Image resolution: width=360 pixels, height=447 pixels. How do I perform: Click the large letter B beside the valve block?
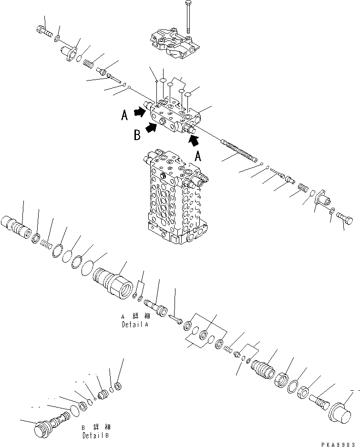pyautogui.click(x=137, y=135)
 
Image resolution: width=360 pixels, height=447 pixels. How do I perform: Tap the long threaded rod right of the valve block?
pyautogui.click(x=239, y=150)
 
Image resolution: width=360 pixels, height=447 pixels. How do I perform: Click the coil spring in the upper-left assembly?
pyautogui.click(x=88, y=62)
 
